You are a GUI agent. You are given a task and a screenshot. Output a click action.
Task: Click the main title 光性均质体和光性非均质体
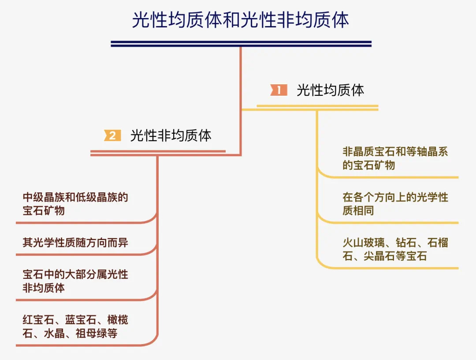[x=240, y=20]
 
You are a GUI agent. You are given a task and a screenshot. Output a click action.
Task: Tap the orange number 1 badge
[x=279, y=90]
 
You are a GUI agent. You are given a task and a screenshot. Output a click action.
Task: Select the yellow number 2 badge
[x=112, y=135]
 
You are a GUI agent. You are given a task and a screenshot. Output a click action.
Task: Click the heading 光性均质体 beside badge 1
[x=330, y=90]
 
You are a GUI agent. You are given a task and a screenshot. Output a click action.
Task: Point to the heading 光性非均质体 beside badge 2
[x=171, y=135]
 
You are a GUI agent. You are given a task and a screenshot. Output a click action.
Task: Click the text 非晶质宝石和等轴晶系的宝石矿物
[x=395, y=158]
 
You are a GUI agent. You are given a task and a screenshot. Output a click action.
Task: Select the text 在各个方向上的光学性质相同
[x=395, y=204]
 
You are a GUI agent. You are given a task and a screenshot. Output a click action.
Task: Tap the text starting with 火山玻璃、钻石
[x=395, y=249]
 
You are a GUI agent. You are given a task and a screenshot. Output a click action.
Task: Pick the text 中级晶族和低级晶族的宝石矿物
[x=75, y=204]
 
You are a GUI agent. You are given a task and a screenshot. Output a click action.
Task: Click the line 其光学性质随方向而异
[x=75, y=243]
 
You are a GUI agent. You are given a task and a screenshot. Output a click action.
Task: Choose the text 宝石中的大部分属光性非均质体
[x=75, y=281]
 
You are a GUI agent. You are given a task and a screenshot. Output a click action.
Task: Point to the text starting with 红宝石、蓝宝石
[x=75, y=326]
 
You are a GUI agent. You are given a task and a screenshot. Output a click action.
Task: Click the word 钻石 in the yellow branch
[x=405, y=243]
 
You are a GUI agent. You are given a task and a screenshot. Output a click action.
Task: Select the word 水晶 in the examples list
[x=54, y=333]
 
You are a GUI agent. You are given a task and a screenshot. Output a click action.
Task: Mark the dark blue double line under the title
[x=241, y=44]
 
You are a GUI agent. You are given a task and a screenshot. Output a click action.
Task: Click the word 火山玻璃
[x=363, y=243]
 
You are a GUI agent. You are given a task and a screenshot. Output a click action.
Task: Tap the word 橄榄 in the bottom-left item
[x=118, y=319]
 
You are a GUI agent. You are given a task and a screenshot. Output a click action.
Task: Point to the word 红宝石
[x=38, y=319]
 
